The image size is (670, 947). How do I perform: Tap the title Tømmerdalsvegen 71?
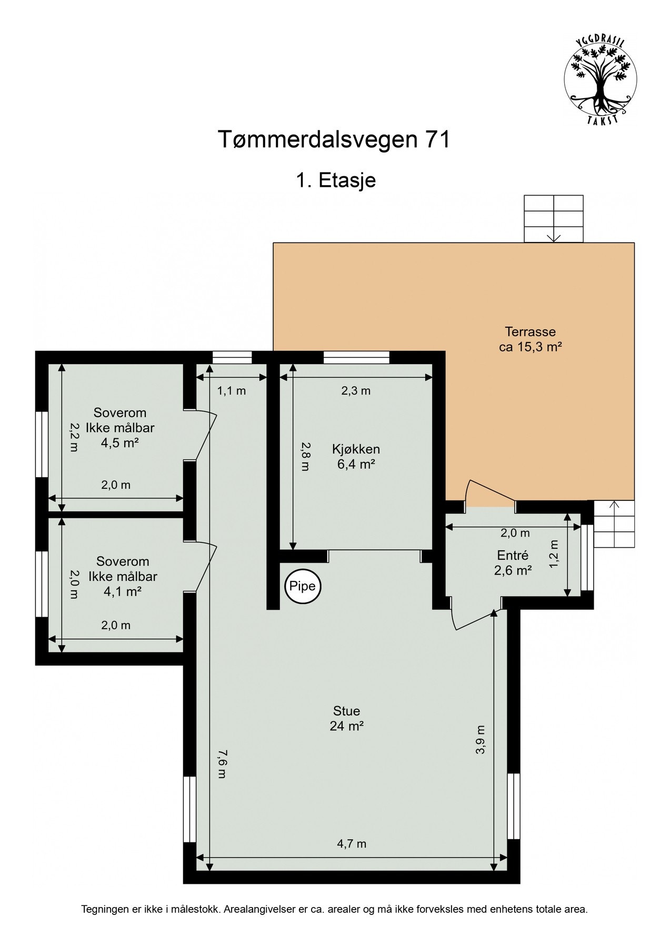click(334, 140)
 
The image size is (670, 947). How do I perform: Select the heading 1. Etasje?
click(335, 180)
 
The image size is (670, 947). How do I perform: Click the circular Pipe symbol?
click(303, 586)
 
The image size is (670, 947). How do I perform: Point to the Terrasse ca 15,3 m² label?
click(530, 339)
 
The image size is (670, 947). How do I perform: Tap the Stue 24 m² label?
click(346, 718)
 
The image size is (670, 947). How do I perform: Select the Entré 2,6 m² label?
click(513, 562)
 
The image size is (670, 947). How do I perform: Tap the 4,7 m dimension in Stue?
click(352, 844)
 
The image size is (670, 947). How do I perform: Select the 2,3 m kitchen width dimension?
click(356, 391)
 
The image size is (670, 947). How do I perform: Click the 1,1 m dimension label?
click(232, 391)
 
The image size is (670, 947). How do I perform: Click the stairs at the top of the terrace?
click(554, 218)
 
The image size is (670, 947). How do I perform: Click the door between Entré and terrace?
click(490, 493)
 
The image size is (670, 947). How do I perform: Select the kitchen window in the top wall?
click(356, 358)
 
